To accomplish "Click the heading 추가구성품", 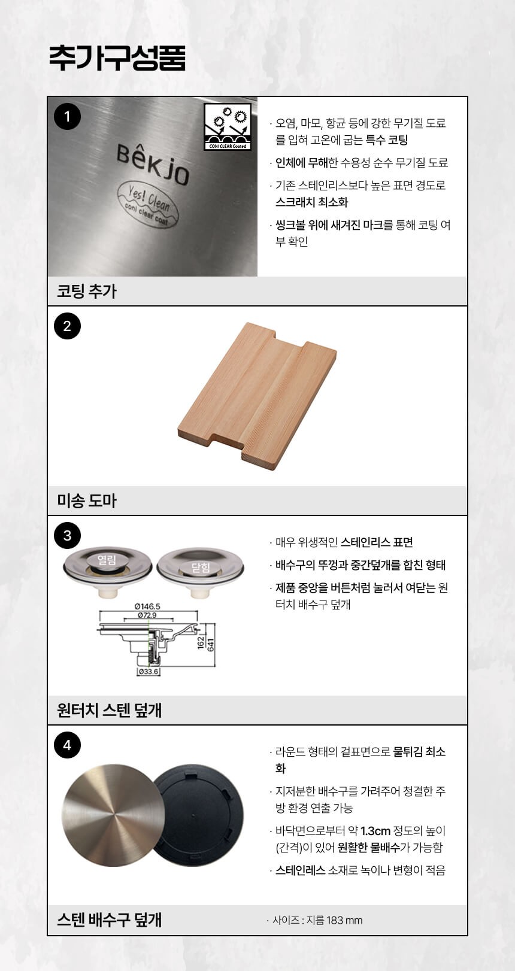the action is click(x=117, y=57).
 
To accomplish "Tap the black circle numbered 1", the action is click(x=67, y=116).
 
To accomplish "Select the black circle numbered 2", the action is click(x=67, y=326).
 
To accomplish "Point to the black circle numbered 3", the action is click(x=67, y=535).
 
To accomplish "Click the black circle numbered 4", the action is click(x=67, y=745).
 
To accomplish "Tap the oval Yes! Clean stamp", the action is click(x=148, y=204).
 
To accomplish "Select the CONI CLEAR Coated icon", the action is click(x=228, y=126).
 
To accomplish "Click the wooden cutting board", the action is click(x=257, y=396).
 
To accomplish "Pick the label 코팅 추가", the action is click(x=87, y=291).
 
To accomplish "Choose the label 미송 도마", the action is click(x=87, y=500).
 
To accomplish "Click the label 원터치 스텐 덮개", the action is click(x=109, y=710).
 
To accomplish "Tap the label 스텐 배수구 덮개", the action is click(x=109, y=920).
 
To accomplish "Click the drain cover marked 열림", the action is click(x=107, y=569).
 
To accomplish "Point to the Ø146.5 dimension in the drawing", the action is click(x=147, y=606).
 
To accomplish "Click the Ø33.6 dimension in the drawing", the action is click(x=149, y=672).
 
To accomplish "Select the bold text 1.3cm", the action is click(x=375, y=830).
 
